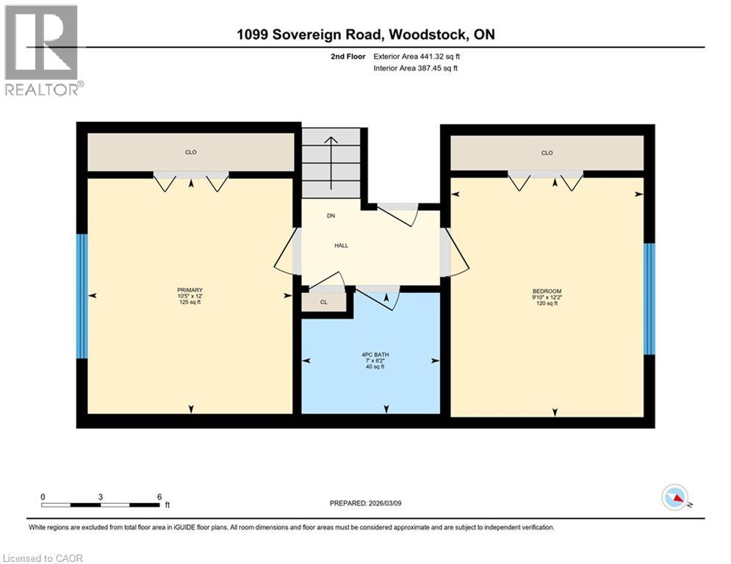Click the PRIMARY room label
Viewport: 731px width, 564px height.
[190, 290]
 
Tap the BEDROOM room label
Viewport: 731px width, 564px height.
[547, 292]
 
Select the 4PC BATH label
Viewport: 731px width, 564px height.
[375, 355]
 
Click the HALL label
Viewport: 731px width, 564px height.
[342, 245]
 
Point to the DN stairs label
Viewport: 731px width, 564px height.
[331, 216]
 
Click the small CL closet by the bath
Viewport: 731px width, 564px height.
[324, 302]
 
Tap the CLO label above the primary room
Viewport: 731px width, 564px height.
[191, 152]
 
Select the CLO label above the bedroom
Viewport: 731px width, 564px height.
[547, 153]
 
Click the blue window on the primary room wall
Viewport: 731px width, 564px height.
[82, 296]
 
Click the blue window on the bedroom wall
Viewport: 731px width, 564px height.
[649, 299]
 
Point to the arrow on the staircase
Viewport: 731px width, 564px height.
[331, 163]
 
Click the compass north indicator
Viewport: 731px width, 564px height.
[675, 497]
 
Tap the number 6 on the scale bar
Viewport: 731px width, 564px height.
[159, 497]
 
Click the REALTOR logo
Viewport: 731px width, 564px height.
[43, 50]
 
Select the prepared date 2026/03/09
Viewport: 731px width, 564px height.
[385, 503]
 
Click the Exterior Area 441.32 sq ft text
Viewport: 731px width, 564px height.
[417, 57]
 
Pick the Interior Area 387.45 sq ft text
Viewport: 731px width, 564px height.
[415, 68]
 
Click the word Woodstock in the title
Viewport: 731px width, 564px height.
[428, 35]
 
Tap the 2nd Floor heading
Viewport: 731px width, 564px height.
[348, 57]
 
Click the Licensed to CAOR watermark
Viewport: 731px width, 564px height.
[43, 558]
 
